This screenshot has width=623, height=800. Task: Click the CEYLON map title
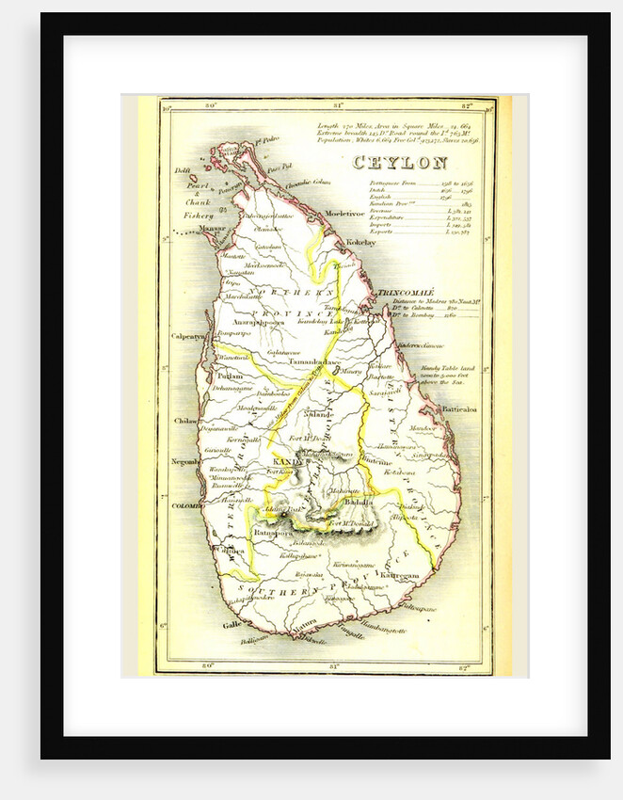[399, 163]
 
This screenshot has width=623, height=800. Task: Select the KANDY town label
[285, 460]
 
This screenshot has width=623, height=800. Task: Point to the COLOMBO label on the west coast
[187, 505]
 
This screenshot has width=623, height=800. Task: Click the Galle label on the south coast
[231, 623]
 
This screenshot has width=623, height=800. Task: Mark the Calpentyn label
[188, 335]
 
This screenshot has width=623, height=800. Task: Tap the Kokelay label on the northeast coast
[360, 242]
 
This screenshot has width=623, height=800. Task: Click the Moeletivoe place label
[344, 214]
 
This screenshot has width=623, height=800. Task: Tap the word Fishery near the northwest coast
[199, 215]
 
